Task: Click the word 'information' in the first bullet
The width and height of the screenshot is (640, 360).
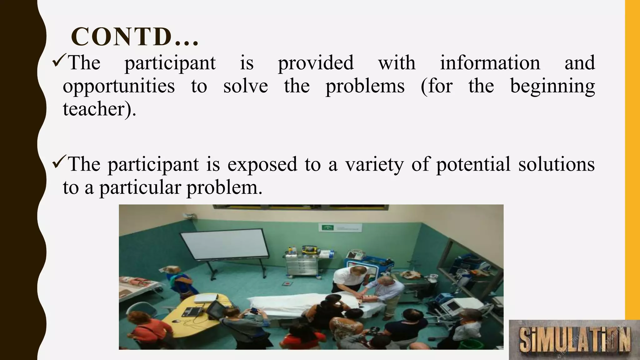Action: pos(490,63)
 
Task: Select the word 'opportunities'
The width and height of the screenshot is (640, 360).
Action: pos(119,86)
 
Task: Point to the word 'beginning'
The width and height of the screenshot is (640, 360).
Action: pos(552,86)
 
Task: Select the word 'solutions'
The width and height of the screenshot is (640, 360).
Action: pos(556,164)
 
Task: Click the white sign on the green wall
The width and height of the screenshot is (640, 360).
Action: pos(340,227)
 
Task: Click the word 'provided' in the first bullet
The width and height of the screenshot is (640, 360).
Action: pos(316,63)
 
